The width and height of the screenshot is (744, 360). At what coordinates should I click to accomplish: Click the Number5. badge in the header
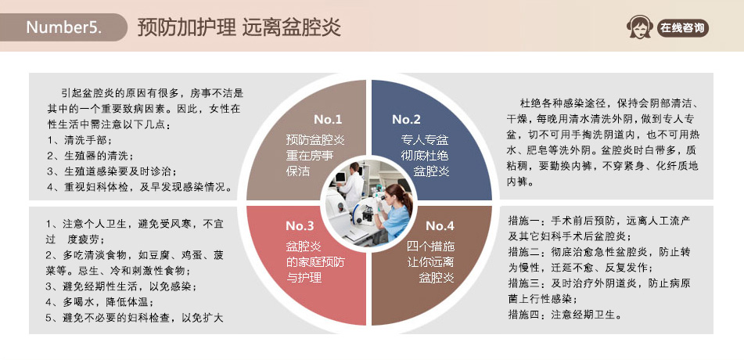[63, 27]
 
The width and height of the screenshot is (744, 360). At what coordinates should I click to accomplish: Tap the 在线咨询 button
[682, 27]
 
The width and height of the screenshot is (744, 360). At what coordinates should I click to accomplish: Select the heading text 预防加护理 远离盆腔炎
[239, 27]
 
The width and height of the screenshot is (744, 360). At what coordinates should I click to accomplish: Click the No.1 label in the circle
[327, 119]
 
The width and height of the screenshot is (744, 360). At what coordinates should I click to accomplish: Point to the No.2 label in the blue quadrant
[406, 119]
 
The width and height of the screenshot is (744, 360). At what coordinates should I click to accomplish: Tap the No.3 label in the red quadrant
[300, 225]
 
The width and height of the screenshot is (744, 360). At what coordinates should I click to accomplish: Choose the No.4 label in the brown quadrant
[440, 225]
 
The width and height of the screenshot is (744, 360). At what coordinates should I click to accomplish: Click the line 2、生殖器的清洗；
[90, 155]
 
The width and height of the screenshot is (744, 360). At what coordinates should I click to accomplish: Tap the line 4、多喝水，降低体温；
[99, 301]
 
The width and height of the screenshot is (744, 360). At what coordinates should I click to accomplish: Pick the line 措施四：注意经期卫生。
[565, 315]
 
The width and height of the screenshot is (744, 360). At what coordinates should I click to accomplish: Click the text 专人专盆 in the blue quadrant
[425, 139]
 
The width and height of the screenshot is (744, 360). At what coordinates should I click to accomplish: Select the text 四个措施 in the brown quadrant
[430, 247]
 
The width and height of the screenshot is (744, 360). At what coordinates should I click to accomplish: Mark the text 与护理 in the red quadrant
[304, 277]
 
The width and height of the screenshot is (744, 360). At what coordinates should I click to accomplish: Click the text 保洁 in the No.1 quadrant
[298, 171]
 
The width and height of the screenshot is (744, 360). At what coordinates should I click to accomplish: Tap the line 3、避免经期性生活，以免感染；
[121, 286]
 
